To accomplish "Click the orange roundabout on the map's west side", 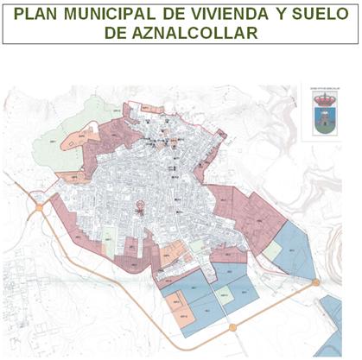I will pos(39,207).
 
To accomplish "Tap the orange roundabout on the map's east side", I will pos(316,282).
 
